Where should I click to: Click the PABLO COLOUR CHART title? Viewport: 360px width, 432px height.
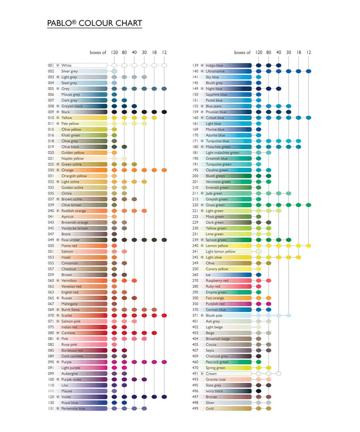94,23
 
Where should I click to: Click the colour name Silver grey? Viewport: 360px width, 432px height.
69,71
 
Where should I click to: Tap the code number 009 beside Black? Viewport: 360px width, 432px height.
51,112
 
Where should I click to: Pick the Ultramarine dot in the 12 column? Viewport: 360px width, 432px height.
309,71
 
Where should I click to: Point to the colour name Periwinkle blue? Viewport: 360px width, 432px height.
73,409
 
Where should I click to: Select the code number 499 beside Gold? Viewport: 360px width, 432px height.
195,409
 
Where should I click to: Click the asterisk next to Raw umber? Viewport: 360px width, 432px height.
58,240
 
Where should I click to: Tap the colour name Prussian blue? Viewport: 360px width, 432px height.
216,112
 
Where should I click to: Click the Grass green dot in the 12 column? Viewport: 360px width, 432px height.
309,205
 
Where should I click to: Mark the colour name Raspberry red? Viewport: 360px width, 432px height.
217,280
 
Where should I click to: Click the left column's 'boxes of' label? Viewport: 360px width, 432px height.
98,53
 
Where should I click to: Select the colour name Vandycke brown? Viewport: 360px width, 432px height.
75,228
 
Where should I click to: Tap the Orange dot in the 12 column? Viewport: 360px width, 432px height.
164,170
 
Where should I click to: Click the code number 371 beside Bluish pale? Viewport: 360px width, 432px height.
195,315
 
